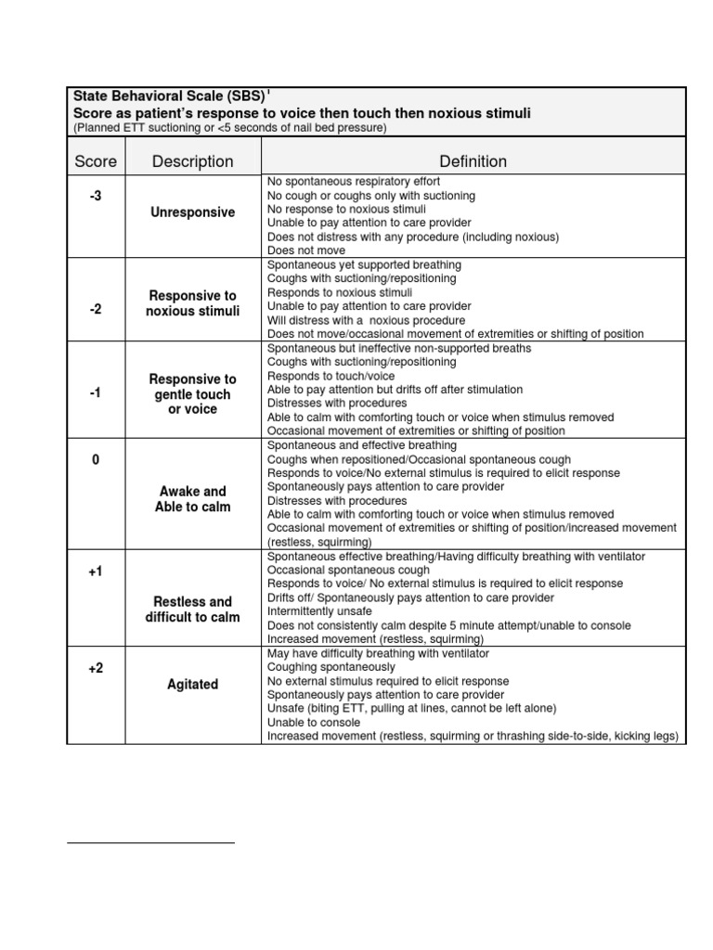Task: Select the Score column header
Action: tap(96, 161)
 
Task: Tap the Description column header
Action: tap(192, 161)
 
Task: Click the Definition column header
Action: tap(473, 161)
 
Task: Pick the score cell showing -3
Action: tap(96, 195)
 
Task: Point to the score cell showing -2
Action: tap(96, 309)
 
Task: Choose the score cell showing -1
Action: tap(96, 393)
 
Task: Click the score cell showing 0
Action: tap(96, 460)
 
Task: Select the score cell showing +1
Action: tap(96, 571)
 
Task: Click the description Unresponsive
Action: tap(192, 212)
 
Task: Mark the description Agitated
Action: tap(192, 685)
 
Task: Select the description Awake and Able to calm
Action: tap(192, 499)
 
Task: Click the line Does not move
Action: tap(306, 250)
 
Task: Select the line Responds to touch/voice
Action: tap(331, 376)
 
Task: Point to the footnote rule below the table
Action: tap(151, 842)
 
